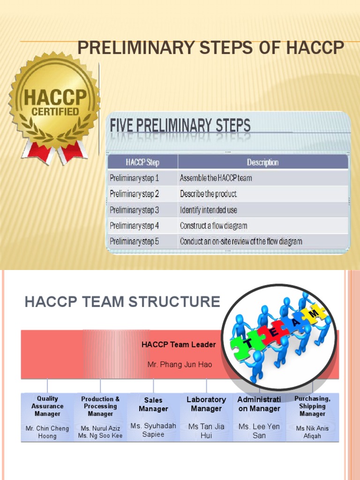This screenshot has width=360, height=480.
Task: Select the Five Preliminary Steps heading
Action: pyautogui.click(x=180, y=125)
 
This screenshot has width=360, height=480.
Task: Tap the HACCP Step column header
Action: pyautogui.click(x=142, y=163)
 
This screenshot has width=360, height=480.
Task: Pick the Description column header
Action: pyautogui.click(x=262, y=163)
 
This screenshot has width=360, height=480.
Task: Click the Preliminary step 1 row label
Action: pyautogui.click(x=135, y=178)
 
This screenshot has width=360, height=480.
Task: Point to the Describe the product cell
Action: pyautogui.click(x=208, y=194)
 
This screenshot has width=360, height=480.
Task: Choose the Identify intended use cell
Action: pyautogui.click(x=209, y=210)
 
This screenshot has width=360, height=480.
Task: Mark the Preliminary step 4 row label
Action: pyautogui.click(x=135, y=225)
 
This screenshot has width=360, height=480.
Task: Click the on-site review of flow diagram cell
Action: pyautogui.click(x=241, y=241)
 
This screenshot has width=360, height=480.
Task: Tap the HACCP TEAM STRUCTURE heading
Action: pyautogui.click(x=122, y=302)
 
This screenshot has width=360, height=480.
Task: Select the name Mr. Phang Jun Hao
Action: pyautogui.click(x=180, y=364)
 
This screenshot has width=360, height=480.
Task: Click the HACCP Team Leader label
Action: pyautogui.click(x=179, y=345)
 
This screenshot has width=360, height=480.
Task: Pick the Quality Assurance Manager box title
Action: pyautogui.click(x=47, y=406)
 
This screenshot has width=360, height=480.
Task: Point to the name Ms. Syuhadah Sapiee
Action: pyautogui.click(x=153, y=430)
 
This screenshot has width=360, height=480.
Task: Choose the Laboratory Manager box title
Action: pyautogui.click(x=206, y=404)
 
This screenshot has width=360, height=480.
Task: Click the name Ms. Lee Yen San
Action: pyautogui.click(x=259, y=431)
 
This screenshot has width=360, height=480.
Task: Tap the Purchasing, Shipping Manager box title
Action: pyautogui.click(x=313, y=406)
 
